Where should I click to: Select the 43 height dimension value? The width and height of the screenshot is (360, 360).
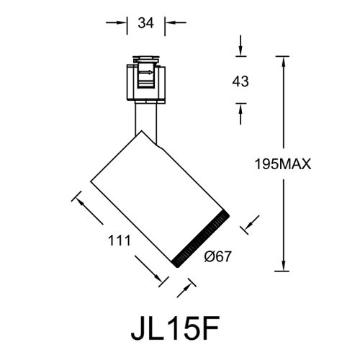240,81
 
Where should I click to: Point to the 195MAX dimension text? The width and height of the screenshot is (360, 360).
282,164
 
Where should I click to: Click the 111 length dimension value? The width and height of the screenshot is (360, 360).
120,240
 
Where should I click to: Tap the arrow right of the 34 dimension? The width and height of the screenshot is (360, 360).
173,23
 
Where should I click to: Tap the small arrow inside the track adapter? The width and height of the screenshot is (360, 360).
148,72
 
